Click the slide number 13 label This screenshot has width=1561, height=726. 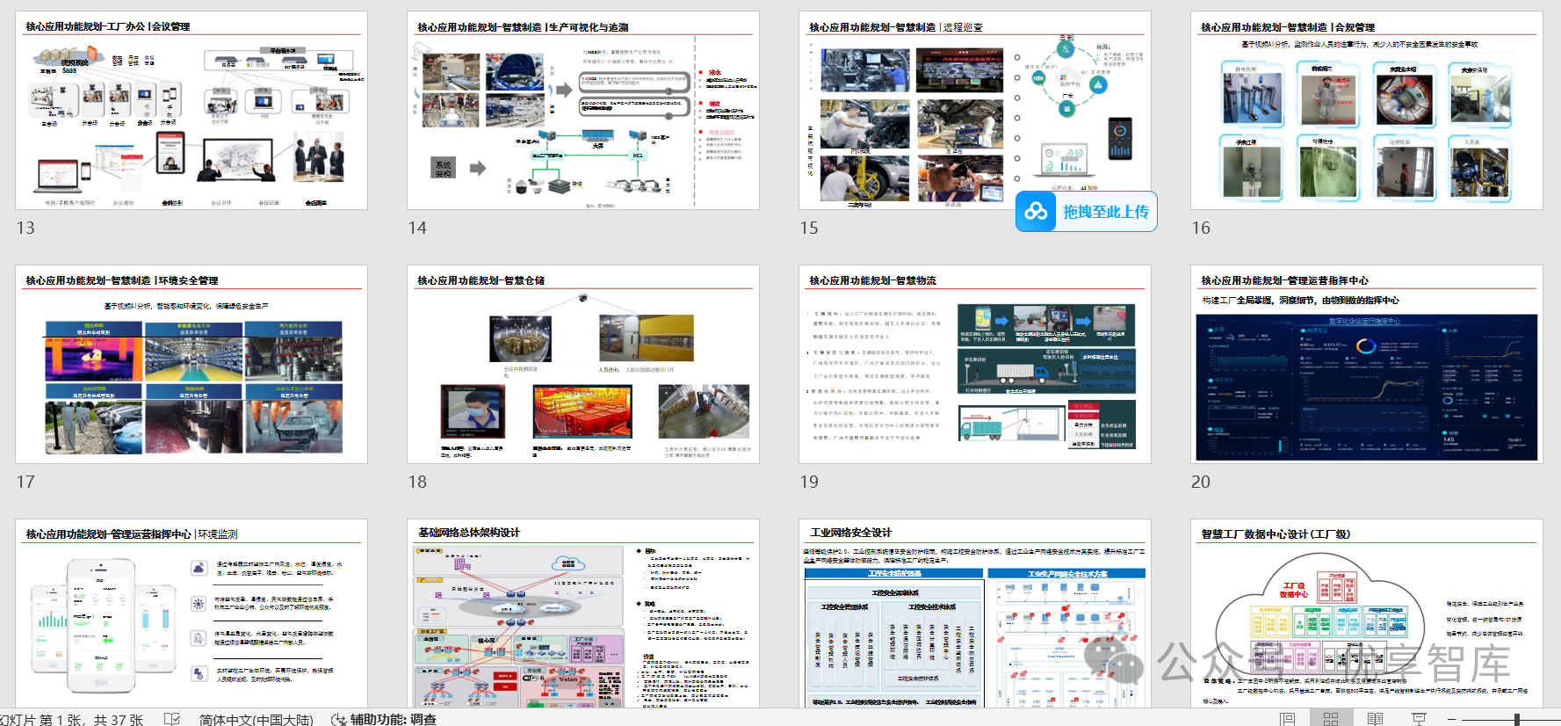pos(25,228)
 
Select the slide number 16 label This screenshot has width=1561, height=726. pos(1201,228)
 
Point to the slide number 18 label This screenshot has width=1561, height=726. pos(417,482)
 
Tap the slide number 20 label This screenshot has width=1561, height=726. pos(1201,482)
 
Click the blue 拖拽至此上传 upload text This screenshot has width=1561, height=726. pos(1105,212)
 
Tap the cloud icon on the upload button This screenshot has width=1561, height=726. pos(1037,212)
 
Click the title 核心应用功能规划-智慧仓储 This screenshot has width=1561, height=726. pos(481,280)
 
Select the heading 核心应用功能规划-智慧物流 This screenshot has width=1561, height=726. pos(872,280)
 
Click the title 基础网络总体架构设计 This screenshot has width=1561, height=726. pos(469,533)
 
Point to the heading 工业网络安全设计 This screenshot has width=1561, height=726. pos(850,533)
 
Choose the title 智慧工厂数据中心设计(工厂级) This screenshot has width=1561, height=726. pos(1263,534)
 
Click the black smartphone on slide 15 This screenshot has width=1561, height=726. pos(1120,139)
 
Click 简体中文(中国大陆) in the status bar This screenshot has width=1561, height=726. pos(256,719)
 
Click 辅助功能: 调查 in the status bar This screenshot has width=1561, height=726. pos(384,719)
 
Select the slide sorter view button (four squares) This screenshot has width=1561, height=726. pos(1331,719)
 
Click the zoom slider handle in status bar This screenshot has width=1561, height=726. pos(1517,719)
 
